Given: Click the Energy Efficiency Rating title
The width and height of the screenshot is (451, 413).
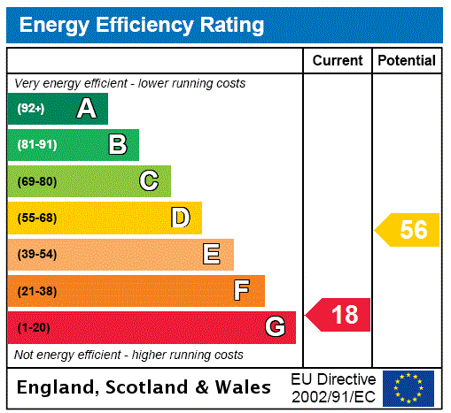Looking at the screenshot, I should (142, 26).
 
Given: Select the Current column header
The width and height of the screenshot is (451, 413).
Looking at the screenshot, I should (338, 61).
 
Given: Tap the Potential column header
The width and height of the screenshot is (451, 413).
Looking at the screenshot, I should (407, 61).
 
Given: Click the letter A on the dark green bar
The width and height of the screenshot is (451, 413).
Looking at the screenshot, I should (86, 109).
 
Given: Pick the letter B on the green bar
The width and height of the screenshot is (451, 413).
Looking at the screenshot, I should (117, 145).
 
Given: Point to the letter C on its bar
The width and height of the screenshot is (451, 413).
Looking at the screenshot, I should (149, 181).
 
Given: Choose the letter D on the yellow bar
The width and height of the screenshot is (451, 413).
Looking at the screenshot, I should (180, 218).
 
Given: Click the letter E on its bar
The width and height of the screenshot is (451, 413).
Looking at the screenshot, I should (212, 255).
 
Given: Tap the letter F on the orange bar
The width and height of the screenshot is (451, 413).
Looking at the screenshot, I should (242, 291).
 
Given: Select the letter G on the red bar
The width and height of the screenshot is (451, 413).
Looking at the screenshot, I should (275, 327).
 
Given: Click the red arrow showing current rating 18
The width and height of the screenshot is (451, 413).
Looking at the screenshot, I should (338, 314).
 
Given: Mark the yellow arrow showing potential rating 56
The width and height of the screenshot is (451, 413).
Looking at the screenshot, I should (408, 230).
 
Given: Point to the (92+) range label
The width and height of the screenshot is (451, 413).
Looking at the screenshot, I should (31, 109).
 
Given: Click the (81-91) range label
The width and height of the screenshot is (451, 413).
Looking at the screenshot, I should (36, 145).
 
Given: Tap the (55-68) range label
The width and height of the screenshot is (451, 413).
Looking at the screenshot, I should (36, 218).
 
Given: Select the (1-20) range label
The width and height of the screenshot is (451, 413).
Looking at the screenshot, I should (34, 328).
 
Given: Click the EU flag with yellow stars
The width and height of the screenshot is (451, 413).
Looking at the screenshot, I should (408, 387).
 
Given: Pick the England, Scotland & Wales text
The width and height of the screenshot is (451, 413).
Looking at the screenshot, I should (144, 387).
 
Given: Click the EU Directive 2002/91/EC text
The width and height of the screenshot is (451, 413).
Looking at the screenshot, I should (333, 387).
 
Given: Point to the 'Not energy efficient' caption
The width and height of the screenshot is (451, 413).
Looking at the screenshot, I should (128, 355).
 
